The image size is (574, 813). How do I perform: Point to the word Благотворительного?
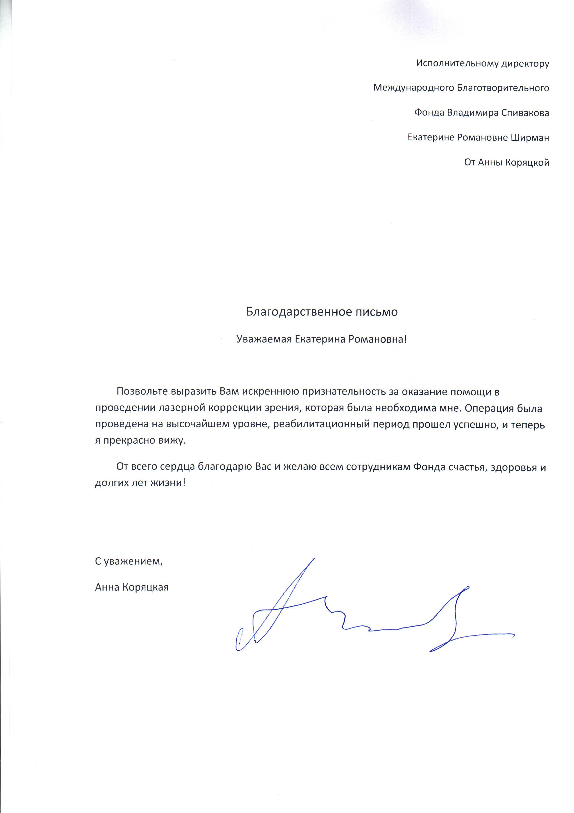coord(503,88)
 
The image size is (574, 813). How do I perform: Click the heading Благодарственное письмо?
coord(322,312)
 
